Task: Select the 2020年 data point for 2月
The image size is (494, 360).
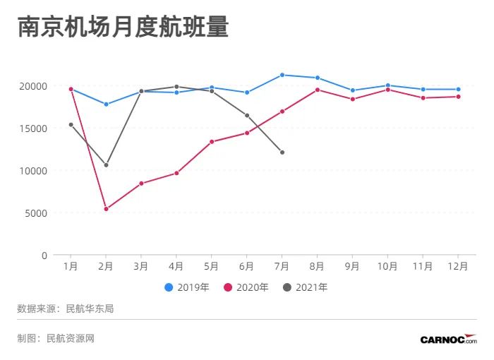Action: [x=106, y=209]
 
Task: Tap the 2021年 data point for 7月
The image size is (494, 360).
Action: [x=282, y=152]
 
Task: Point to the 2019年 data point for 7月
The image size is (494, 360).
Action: [x=282, y=75]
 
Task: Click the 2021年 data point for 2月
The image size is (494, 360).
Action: [x=106, y=165]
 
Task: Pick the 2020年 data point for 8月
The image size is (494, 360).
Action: [x=318, y=90]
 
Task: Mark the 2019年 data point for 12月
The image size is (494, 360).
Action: [x=458, y=90]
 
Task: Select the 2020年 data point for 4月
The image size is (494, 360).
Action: [x=176, y=173]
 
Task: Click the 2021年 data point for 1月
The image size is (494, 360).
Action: [x=71, y=125]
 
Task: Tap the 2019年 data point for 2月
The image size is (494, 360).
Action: [x=106, y=104]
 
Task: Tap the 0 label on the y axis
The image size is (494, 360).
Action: [x=44, y=256]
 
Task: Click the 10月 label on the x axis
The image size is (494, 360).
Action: [x=387, y=266]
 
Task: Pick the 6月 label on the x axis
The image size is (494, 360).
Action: [x=247, y=266]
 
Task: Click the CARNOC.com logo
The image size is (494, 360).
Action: [x=448, y=340]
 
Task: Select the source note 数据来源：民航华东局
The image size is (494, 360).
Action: [x=66, y=308]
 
